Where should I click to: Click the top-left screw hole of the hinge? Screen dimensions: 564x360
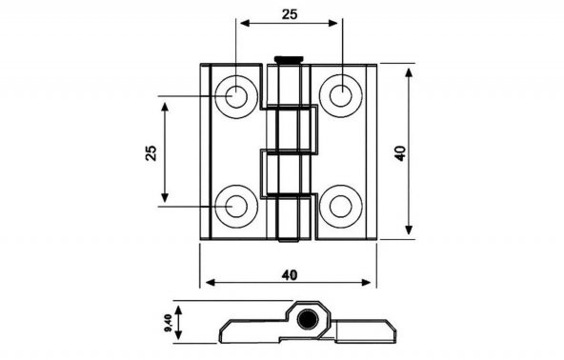[236, 96]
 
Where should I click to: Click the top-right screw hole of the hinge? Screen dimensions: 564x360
[341, 96]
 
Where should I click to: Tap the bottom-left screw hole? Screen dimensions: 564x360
[236, 207]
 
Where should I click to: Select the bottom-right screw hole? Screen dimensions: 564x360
[341, 207]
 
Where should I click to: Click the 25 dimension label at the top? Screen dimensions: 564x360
[290, 14]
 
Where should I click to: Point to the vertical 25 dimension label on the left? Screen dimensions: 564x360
[151, 152]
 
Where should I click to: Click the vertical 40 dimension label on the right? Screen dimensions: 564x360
[400, 153]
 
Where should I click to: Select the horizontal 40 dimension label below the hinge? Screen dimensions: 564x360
[290, 275]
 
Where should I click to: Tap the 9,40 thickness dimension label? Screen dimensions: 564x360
[169, 323]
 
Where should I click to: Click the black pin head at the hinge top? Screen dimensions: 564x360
[289, 59]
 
